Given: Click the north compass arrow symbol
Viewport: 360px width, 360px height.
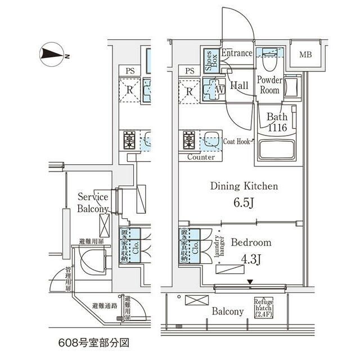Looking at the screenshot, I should (53, 55).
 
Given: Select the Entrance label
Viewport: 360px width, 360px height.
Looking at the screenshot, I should (236, 54).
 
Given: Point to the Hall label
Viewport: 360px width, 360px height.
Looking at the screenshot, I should (240, 85).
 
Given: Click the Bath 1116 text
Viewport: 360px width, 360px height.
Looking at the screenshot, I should (277, 122).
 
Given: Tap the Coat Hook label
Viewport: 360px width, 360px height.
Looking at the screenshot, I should (236, 142).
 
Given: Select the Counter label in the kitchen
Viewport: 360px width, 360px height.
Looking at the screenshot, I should (200, 157).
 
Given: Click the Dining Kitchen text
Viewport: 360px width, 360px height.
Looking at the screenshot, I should (244, 186).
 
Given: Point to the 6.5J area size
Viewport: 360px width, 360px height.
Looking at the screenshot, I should (244, 202).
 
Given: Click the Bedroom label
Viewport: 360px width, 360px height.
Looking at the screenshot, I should (251, 243).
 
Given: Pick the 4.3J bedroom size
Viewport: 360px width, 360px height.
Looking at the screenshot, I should (251, 259).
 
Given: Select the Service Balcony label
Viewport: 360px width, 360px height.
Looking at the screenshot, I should (93, 203).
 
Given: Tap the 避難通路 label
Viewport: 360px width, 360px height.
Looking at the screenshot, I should (104, 306).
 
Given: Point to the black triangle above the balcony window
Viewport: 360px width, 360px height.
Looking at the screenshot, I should (251, 282).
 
